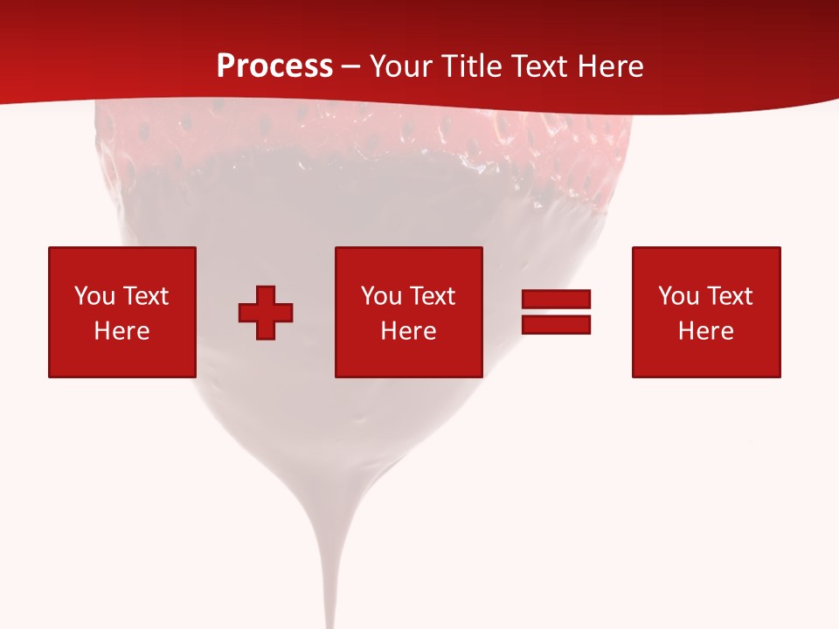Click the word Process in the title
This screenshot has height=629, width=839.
click(x=274, y=66)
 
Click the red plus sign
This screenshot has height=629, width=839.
click(x=266, y=312)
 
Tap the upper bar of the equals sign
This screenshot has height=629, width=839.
click(x=556, y=300)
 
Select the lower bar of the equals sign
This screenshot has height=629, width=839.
click(x=556, y=324)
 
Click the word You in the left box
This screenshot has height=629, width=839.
click(x=94, y=296)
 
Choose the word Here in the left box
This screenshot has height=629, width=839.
click(x=121, y=331)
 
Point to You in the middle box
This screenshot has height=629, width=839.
click(x=381, y=296)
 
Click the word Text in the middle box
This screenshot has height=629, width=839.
click(x=431, y=296)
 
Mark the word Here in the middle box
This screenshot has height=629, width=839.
click(x=408, y=331)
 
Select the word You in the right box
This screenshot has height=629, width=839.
click(x=678, y=296)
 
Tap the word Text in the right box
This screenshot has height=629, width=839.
click(x=728, y=296)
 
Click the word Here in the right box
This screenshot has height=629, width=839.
click(x=705, y=331)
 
